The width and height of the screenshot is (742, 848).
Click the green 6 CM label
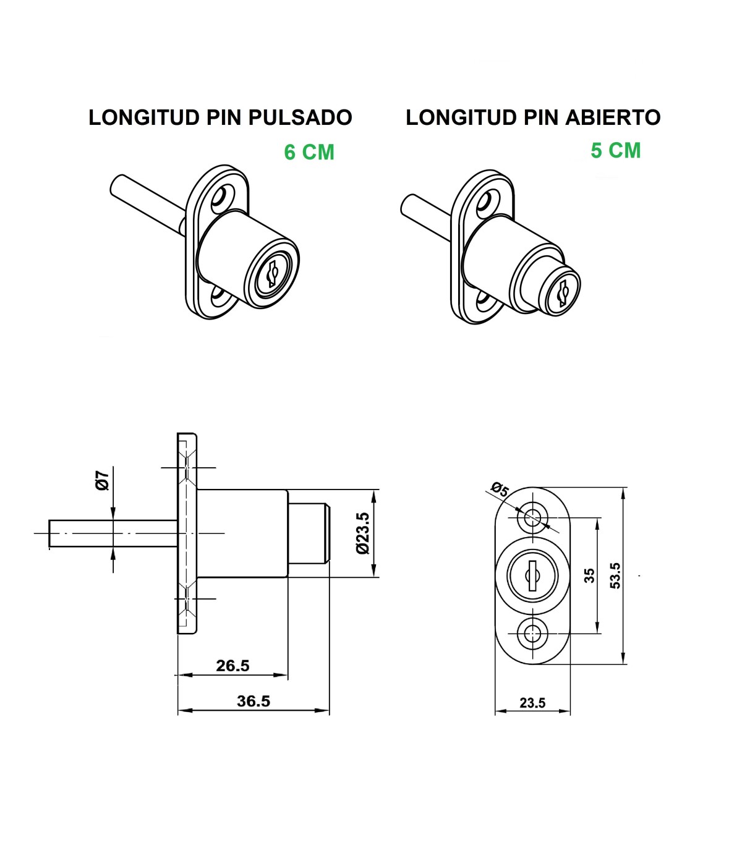tap(309, 152)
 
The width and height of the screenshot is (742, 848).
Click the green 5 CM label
tap(616, 150)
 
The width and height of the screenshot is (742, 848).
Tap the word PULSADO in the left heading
tap(300, 117)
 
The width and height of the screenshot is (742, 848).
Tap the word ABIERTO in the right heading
tap(613, 117)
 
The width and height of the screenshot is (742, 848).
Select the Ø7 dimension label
tap(103, 480)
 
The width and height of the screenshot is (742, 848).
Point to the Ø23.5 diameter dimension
tap(362, 533)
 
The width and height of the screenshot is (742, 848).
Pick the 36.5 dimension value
tap(254, 701)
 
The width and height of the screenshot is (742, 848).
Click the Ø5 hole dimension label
tap(499, 490)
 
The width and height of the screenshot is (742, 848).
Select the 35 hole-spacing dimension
tap(589, 575)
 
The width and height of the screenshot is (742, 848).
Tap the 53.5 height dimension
tap(615, 575)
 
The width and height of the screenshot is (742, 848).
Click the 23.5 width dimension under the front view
tap(532, 703)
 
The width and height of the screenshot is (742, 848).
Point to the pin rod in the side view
tap(113, 533)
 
